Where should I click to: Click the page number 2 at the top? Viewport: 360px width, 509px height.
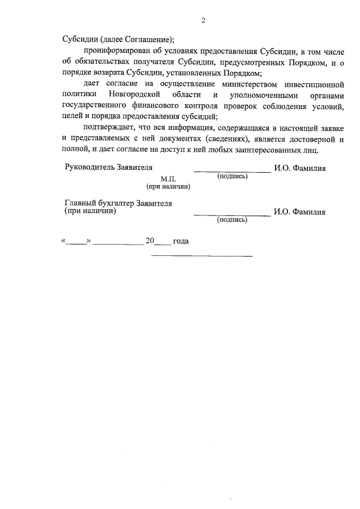click(x=204, y=21)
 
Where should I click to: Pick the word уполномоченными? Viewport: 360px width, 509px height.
click(x=264, y=95)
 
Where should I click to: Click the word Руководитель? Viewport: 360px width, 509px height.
click(x=89, y=168)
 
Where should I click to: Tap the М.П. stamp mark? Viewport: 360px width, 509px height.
click(x=168, y=178)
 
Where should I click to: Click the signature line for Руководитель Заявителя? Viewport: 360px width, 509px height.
click(x=232, y=171)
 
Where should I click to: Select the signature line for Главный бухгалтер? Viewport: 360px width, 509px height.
click(x=232, y=215)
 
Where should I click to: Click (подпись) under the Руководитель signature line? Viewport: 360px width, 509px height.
click(x=232, y=177)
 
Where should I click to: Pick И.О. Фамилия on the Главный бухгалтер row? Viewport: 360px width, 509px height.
click(x=300, y=212)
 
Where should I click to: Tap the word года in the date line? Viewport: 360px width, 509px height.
click(x=181, y=241)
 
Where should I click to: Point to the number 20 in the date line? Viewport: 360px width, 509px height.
click(x=150, y=241)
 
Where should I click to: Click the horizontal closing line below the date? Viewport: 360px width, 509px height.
click(x=202, y=256)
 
